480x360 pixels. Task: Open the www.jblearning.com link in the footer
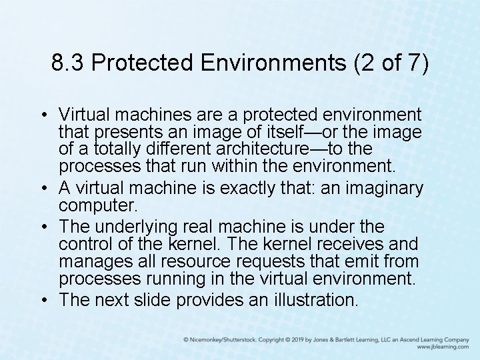click(x=443, y=347)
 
